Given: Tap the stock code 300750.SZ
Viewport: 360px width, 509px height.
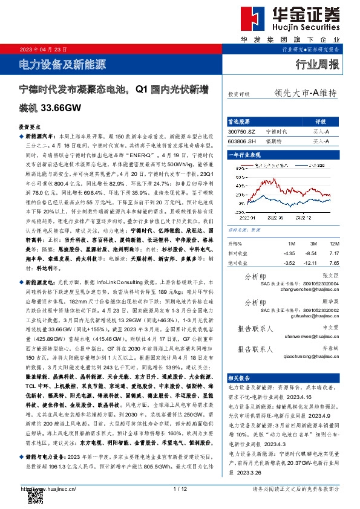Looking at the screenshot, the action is pos(243,131).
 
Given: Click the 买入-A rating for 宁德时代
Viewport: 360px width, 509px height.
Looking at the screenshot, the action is pos(321,131).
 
